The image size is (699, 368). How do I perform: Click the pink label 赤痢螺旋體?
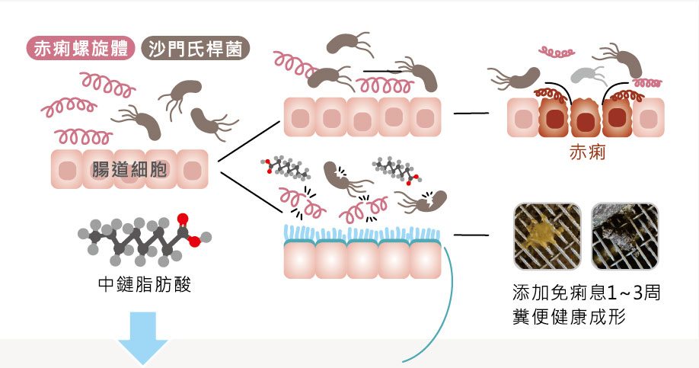coord(81,48)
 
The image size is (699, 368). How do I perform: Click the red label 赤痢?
coord(587,152)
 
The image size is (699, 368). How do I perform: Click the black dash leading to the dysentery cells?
coord(471,114)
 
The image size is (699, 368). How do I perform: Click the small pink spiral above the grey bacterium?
coord(558,52)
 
